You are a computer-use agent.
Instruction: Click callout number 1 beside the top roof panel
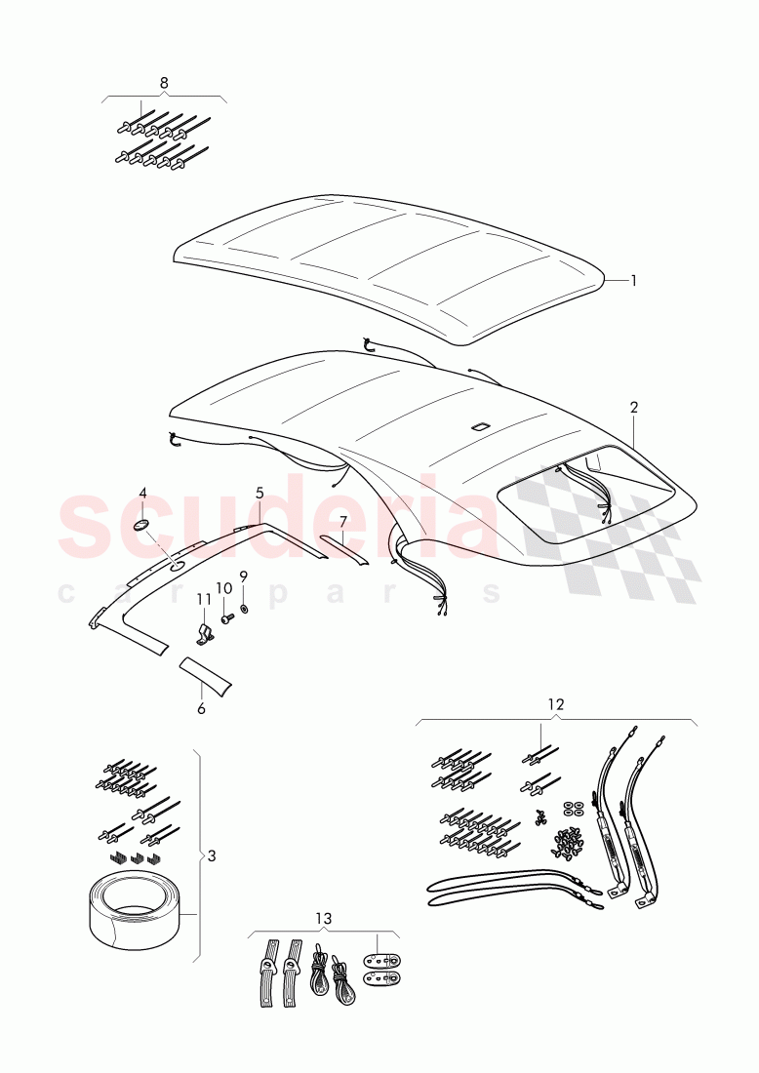[634, 281]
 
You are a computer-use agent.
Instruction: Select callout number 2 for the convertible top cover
[634, 408]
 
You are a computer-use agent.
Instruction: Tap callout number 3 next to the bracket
[212, 855]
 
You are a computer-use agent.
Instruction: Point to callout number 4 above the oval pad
[142, 493]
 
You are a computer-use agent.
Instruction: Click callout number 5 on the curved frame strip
[260, 493]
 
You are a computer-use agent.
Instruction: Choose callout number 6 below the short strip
[201, 709]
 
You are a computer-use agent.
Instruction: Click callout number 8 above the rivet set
[164, 83]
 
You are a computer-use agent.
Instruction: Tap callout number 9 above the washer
[244, 576]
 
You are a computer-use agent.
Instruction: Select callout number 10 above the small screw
[223, 588]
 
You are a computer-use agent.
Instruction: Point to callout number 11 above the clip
[204, 600]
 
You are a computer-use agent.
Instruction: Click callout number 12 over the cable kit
[556, 703]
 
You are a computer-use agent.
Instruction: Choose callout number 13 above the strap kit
[323, 918]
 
